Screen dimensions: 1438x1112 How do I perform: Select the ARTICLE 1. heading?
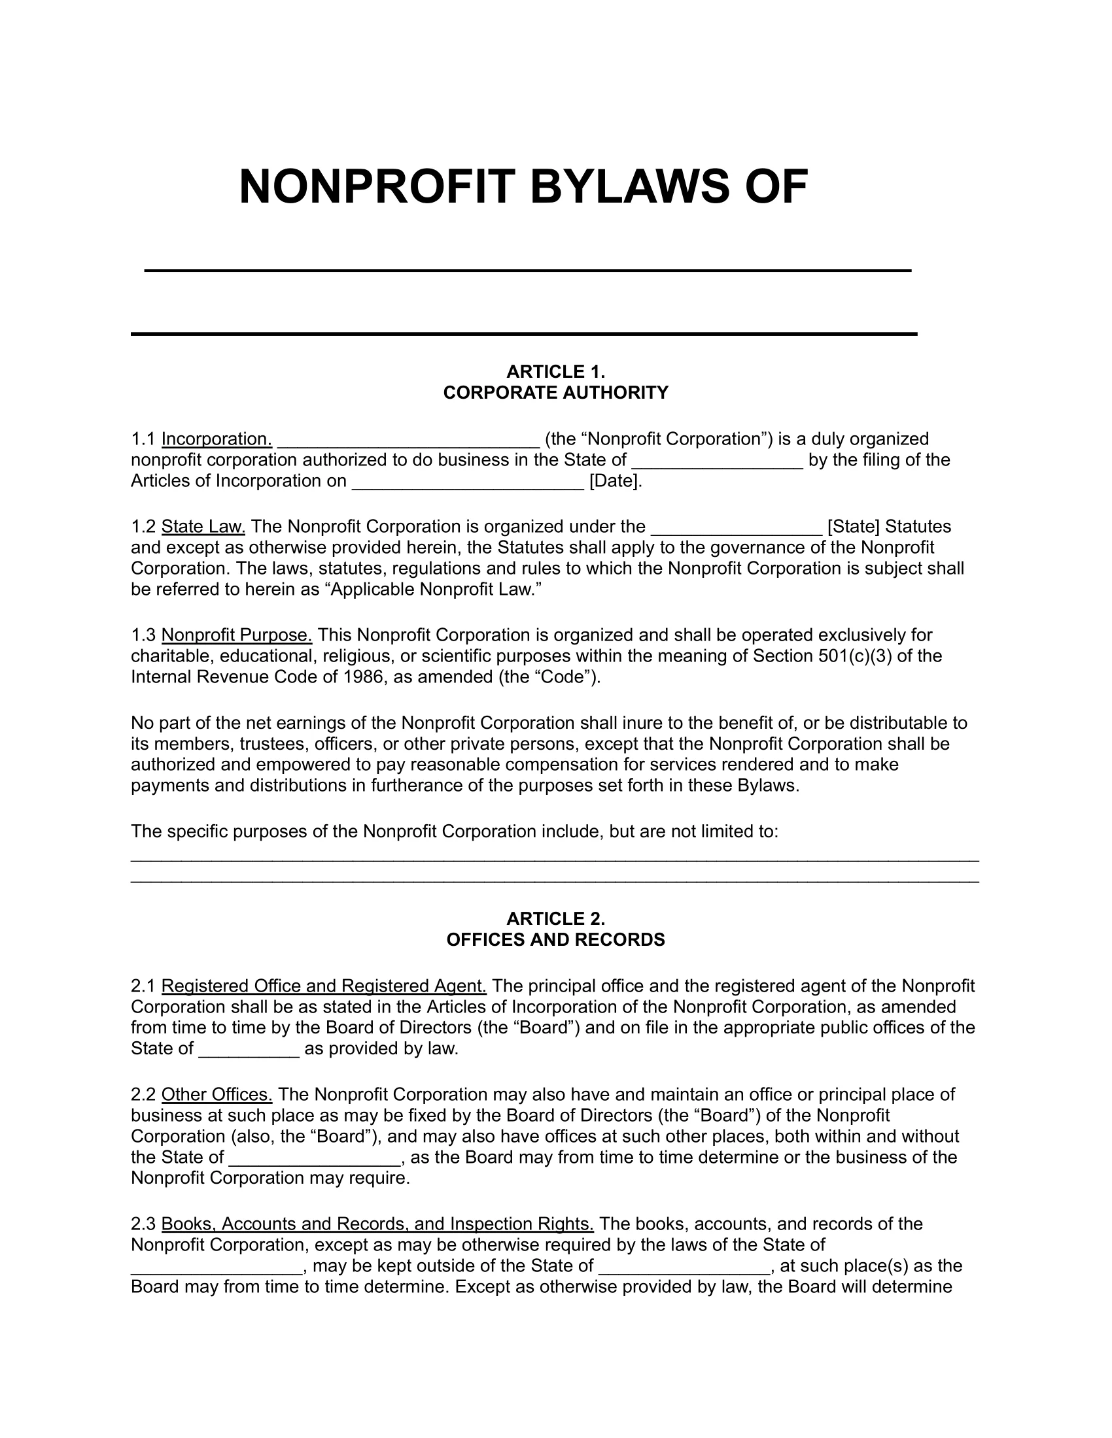(x=555, y=372)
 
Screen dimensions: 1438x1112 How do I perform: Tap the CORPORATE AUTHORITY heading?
(x=555, y=393)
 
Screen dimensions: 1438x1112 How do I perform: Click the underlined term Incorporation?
(x=217, y=439)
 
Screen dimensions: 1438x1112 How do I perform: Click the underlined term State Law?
(x=203, y=527)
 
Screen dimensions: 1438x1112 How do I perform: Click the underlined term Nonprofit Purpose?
(x=237, y=635)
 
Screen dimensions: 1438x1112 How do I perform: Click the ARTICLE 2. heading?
(x=555, y=918)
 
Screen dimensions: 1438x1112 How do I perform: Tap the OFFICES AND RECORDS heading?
(x=555, y=939)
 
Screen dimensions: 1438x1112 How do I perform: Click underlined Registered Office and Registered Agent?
(x=323, y=986)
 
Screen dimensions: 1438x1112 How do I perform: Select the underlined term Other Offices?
(x=217, y=1095)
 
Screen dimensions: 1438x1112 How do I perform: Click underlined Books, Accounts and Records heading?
(x=377, y=1224)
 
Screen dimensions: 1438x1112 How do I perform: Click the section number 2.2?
(x=143, y=1095)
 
